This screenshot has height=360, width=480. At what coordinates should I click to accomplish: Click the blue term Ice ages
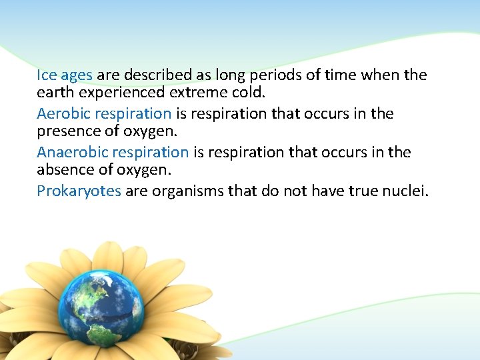point(65,75)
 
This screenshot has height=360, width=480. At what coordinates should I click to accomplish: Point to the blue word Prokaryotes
point(79,191)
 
